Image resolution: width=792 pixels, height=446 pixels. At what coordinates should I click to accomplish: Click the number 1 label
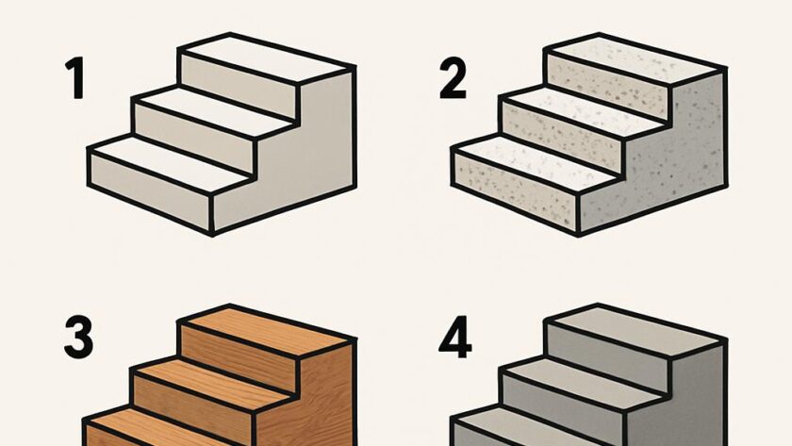point(75,78)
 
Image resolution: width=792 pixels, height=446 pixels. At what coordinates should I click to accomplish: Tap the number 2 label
point(454,77)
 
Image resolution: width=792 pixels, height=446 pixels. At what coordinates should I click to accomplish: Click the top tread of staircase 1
point(267,58)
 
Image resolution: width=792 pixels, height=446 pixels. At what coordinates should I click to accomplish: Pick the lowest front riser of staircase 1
point(150,190)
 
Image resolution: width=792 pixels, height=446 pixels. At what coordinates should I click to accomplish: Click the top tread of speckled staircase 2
point(635,59)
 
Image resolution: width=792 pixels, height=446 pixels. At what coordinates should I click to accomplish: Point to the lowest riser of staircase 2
point(516,190)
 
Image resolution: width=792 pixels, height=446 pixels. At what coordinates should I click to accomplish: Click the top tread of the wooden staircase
point(267,330)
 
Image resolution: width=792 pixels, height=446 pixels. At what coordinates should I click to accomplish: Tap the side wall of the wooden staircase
point(313,405)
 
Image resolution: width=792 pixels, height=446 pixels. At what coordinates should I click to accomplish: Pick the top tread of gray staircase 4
point(635,330)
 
